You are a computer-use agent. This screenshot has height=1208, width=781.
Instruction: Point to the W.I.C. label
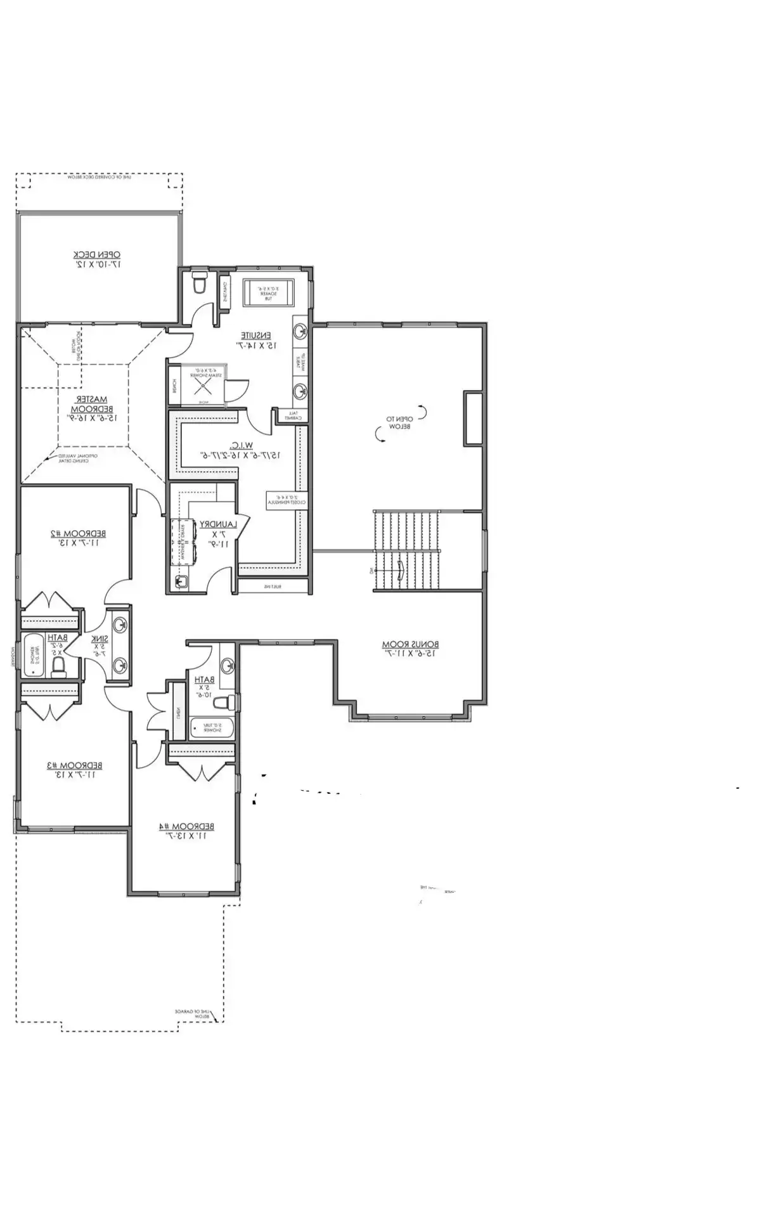coord(241,450)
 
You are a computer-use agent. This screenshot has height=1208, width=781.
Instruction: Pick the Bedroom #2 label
coord(79,537)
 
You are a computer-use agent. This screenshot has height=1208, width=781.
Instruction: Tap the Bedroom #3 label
coord(74,769)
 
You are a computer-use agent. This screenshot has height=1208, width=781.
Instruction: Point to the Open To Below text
coord(400,422)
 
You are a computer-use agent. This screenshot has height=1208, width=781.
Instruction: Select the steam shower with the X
coord(203,384)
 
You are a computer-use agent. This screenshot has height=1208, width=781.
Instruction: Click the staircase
coord(406,550)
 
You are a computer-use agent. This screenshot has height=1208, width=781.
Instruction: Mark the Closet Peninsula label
coord(287,500)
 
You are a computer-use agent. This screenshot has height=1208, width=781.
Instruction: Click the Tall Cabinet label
coord(292,416)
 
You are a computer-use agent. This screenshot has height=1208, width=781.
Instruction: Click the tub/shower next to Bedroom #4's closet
coord(211,727)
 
